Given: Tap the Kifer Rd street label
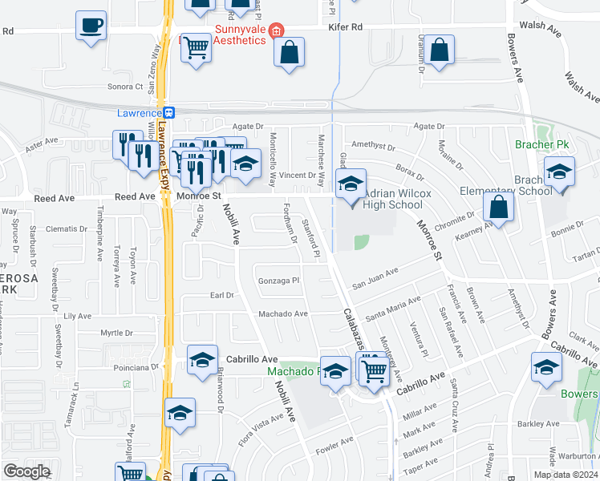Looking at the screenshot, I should [x=346, y=27].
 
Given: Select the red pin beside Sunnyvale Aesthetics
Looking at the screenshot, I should [x=276, y=31].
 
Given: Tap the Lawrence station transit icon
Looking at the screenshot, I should [x=169, y=113].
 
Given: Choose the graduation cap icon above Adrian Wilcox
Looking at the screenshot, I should [x=351, y=183].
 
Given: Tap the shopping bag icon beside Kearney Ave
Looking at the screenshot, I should [x=499, y=208].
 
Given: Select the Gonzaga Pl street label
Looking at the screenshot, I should [x=278, y=281].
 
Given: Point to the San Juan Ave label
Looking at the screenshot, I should [x=375, y=277].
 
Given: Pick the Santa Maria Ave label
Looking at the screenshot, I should [x=392, y=308].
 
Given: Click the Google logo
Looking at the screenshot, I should [x=27, y=471].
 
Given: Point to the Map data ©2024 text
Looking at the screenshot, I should [x=566, y=475].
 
